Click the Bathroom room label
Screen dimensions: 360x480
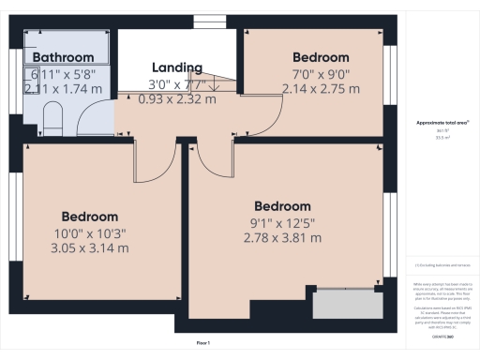pos(64,56)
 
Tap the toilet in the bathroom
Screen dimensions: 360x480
pos(53,118)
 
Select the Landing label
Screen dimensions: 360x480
pos(177,67)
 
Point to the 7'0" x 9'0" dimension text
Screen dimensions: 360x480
pos(320,73)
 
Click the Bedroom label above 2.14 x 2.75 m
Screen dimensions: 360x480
pos(320,57)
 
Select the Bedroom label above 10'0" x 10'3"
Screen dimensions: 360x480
pos(90,217)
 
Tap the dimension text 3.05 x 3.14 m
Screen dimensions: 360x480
pos(90,248)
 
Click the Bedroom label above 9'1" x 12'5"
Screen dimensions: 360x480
pos(282,206)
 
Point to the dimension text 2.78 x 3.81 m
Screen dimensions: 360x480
pos(282,238)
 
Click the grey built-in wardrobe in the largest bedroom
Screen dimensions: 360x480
pos(347,304)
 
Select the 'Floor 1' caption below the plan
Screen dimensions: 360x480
pos(203,343)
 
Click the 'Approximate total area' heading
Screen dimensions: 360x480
pos(440,123)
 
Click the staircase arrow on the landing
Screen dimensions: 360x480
pos(215,85)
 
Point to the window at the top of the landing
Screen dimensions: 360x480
pos(203,21)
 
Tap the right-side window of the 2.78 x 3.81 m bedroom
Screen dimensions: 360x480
pos(388,234)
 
